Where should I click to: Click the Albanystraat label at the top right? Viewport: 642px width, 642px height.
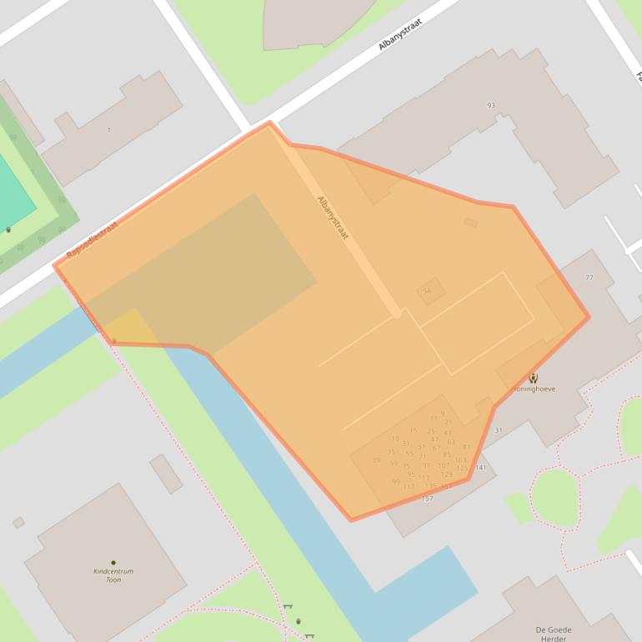click(400, 34)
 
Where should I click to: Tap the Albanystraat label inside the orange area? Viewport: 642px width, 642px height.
click(332, 218)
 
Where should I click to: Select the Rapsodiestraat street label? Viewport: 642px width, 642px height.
click(92, 238)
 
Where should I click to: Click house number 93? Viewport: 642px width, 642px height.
click(491, 106)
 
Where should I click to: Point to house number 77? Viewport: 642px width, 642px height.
click(589, 278)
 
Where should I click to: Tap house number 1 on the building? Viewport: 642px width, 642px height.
click(108, 130)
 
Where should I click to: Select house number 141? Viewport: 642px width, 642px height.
click(480, 468)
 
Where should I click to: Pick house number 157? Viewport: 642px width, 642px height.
click(428, 499)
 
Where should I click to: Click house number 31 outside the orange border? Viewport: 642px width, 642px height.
click(499, 430)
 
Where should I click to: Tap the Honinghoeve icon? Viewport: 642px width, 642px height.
click(534, 379)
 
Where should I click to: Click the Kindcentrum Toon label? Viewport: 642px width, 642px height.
click(113, 575)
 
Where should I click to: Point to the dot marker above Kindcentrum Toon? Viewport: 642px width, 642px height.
click(113, 563)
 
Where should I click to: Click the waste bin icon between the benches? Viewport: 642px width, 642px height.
click(298, 621)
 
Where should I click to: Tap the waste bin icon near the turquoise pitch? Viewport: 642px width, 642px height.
click(8, 229)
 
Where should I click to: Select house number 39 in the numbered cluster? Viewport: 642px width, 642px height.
click(376, 460)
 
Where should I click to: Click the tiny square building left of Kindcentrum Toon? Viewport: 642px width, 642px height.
click(18, 523)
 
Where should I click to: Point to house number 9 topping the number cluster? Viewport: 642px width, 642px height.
click(443, 414)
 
